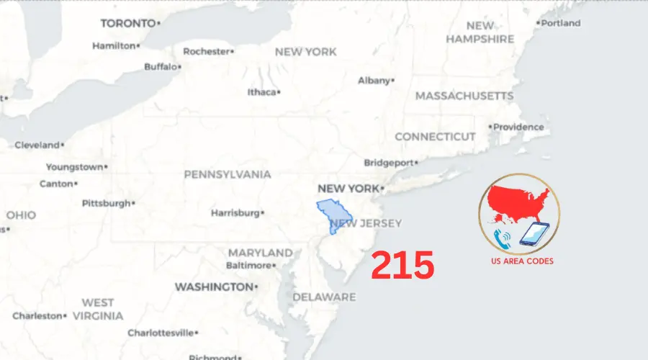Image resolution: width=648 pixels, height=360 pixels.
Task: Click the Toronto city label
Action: tap(128, 23)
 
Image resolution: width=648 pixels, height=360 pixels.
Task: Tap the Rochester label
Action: tap(207, 51)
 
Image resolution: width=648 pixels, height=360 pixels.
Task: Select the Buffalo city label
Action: tap(161, 67)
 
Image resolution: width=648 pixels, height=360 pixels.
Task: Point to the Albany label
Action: tap(374, 81)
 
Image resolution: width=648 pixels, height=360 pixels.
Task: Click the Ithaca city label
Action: tap(262, 92)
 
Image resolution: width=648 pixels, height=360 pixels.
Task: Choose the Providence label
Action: tap(518, 127)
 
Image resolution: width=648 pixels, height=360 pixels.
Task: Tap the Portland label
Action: tap(560, 23)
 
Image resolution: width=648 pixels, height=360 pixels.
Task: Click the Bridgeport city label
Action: tap(390, 163)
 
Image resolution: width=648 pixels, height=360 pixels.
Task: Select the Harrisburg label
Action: tap(235, 213)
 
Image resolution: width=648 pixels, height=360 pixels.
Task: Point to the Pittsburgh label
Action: tap(106, 203)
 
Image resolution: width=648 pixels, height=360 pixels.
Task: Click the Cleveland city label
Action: tap(37, 145)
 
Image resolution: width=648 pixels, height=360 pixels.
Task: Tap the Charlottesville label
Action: tap(161, 333)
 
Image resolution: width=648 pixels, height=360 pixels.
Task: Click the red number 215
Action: tap(402, 266)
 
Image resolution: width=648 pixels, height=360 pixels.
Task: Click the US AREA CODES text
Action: tap(519, 261)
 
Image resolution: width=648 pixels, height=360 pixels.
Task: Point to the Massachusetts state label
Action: tap(464, 96)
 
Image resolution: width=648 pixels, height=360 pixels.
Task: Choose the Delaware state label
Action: tap(324, 297)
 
